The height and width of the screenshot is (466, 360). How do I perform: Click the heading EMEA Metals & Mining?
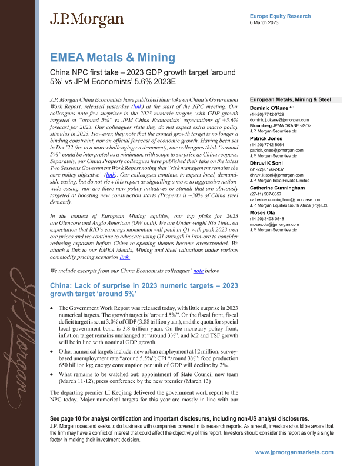112,58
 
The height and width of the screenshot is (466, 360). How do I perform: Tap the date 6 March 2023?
265,23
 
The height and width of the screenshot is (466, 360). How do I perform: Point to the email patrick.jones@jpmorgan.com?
277,150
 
